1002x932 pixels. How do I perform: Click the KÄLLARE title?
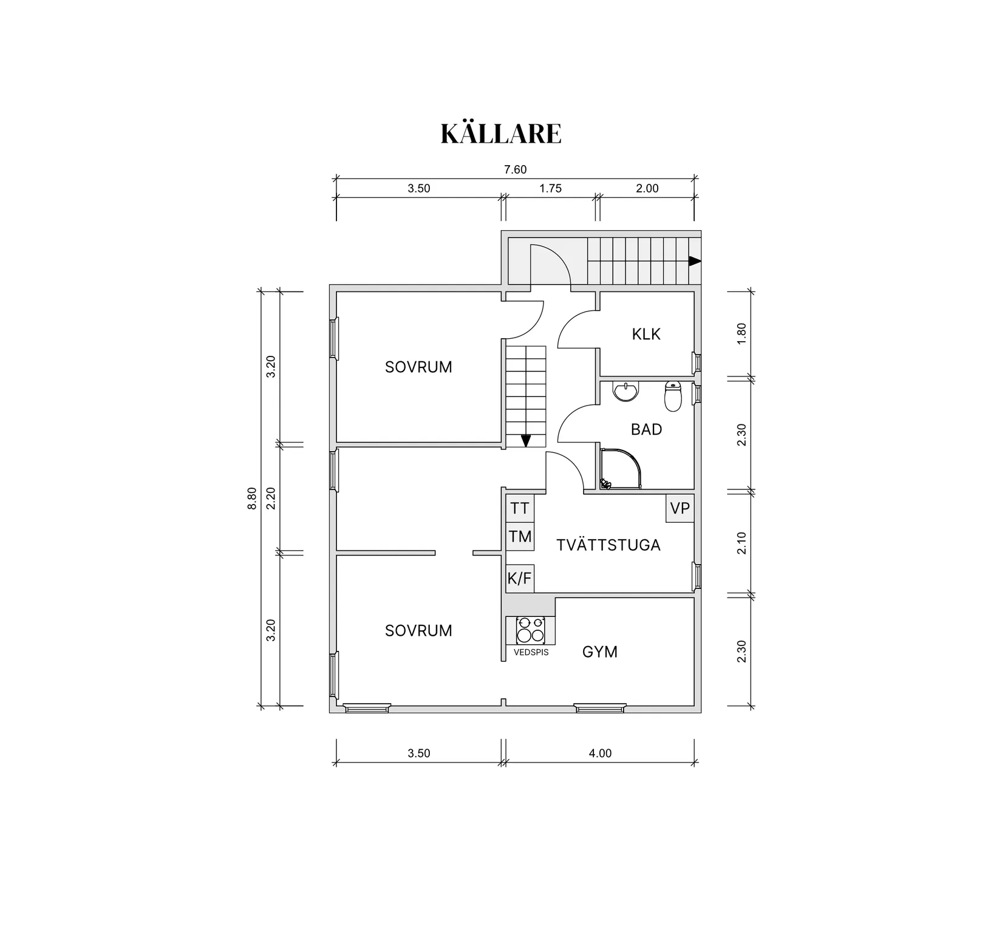click(x=501, y=134)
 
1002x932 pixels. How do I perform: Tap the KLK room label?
click(x=646, y=334)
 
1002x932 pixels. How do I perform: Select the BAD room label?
click(x=646, y=430)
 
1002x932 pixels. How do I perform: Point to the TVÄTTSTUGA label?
click(x=608, y=545)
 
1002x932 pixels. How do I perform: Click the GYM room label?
click(x=599, y=652)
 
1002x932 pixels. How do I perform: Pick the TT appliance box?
click(x=520, y=508)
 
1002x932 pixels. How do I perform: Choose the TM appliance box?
click(x=520, y=537)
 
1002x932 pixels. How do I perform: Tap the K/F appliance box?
click(x=519, y=579)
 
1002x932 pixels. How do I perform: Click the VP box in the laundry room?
click(x=680, y=508)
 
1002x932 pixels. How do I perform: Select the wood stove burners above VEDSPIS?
click(x=530, y=630)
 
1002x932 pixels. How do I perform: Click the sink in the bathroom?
click(x=625, y=392)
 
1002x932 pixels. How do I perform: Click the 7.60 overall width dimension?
click(x=515, y=170)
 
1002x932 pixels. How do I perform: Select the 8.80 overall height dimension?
click(x=253, y=498)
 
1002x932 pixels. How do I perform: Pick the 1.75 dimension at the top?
click(x=550, y=188)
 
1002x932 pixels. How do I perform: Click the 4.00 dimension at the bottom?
click(x=600, y=753)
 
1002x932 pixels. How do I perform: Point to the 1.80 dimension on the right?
click(x=741, y=334)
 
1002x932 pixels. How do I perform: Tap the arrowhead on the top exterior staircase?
click(x=694, y=261)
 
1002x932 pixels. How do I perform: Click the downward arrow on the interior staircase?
click(x=526, y=441)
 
